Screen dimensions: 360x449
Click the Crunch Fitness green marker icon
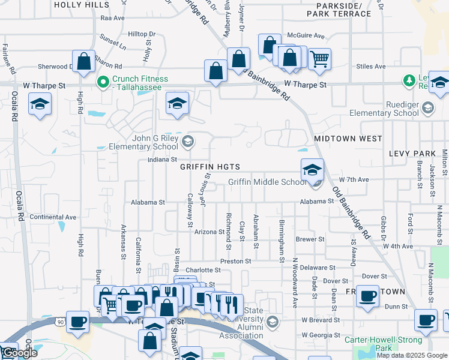(103, 81)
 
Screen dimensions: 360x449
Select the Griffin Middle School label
(267, 182)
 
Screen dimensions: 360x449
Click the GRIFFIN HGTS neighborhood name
(210, 167)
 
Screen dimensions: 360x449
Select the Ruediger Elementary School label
(385, 109)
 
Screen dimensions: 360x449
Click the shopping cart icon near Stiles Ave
(320, 59)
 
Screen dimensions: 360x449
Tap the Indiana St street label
(161, 160)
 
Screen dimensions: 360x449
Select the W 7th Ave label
(354, 179)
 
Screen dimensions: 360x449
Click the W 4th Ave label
(399, 247)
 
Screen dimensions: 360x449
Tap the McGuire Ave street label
(306, 35)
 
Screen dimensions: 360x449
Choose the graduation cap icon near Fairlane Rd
(40, 104)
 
